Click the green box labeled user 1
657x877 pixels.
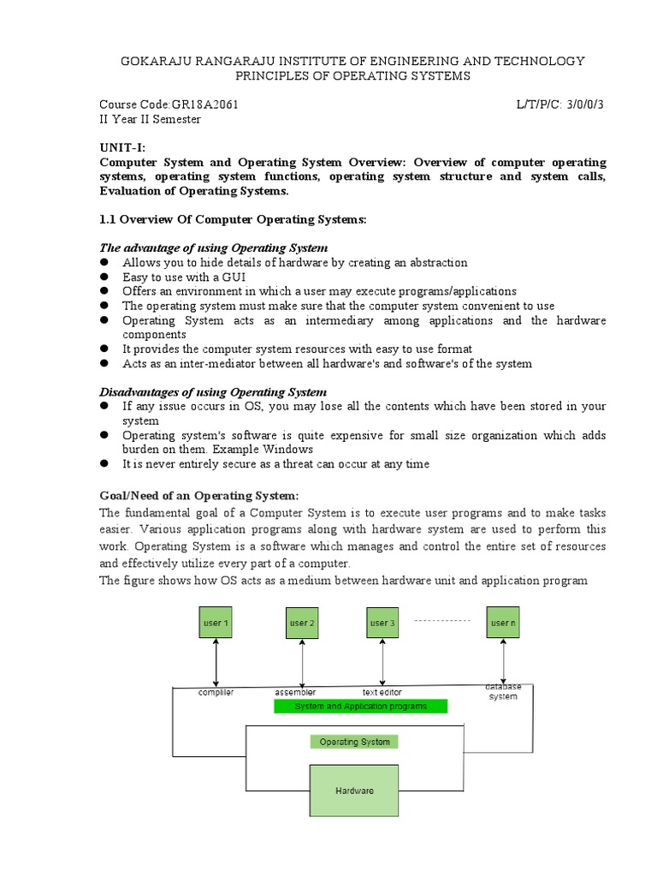point(216,623)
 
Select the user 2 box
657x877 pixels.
point(301,623)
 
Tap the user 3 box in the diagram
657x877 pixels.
point(382,623)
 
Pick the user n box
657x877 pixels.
point(503,623)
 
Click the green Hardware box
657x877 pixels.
point(354,790)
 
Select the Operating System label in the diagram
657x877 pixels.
point(354,742)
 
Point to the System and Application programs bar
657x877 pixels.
point(361,707)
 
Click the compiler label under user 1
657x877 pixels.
point(216,692)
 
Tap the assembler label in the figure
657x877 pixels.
point(295,692)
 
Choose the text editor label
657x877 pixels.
point(382,692)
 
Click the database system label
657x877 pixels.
point(503,691)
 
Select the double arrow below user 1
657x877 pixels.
point(216,662)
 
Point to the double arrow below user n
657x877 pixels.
point(504,660)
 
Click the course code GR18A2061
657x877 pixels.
point(206,104)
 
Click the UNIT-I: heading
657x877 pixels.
point(123,147)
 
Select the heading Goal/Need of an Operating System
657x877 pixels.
point(199,496)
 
